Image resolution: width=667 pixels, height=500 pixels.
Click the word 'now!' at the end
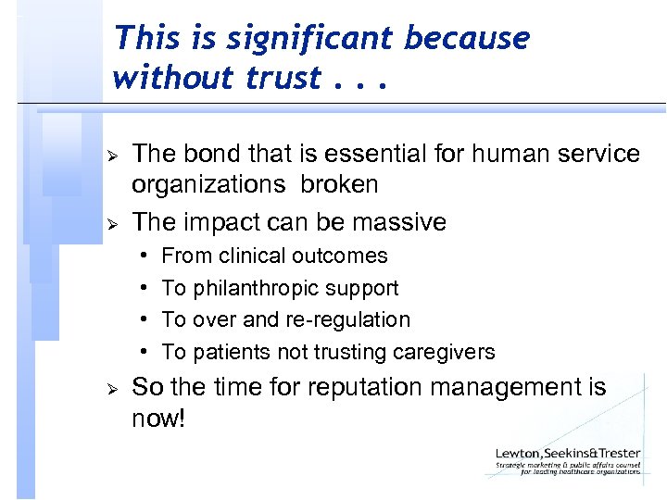[x=158, y=419]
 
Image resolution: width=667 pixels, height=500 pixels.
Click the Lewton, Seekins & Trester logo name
[x=567, y=454]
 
